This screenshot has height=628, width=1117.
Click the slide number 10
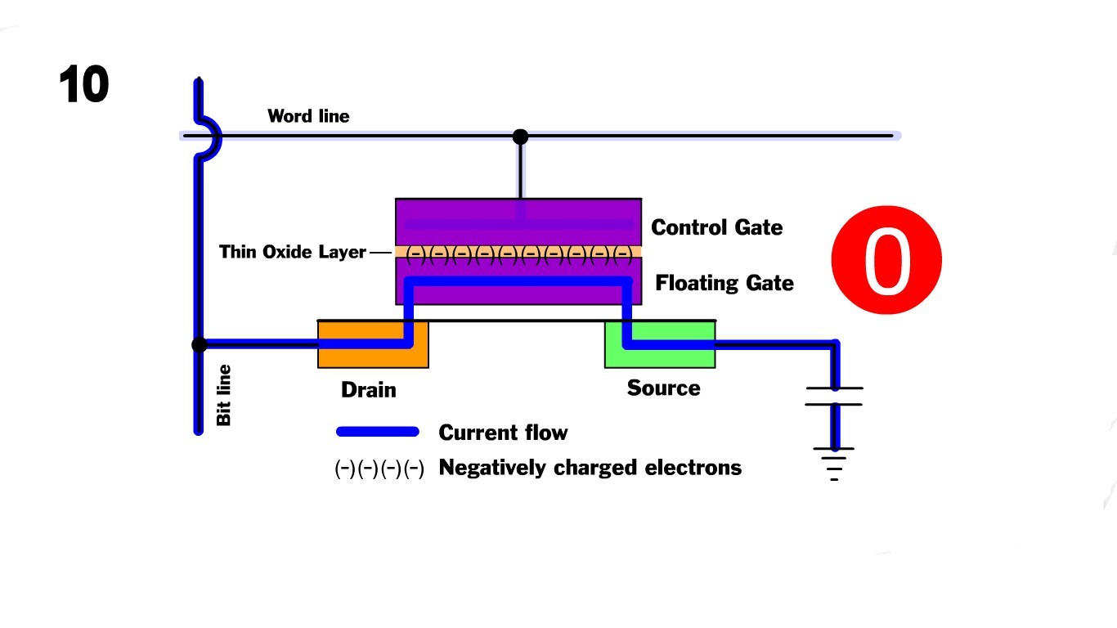coord(83,85)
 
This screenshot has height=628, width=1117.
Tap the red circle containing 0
coord(886,261)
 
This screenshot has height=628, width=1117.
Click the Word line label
coord(308,116)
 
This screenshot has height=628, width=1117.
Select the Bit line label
coord(223,395)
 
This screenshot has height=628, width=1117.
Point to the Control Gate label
coord(716,227)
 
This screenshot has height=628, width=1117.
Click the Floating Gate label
coord(724,283)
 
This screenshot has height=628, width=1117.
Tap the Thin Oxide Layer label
coord(292,252)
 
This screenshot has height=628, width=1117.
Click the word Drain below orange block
coord(368,390)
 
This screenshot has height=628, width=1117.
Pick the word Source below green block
coord(663,388)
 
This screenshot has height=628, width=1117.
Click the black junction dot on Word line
coord(520,137)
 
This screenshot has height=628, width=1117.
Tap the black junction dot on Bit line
coord(199,345)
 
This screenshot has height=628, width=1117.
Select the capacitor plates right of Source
coord(834,396)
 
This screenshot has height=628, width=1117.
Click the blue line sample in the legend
coord(378,432)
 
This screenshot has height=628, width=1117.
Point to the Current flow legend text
coord(503,433)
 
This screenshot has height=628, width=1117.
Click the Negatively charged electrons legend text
coord(590,468)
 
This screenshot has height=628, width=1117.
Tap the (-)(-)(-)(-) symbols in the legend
coord(379,469)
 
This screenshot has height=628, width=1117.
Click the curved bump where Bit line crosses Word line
coord(211,136)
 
